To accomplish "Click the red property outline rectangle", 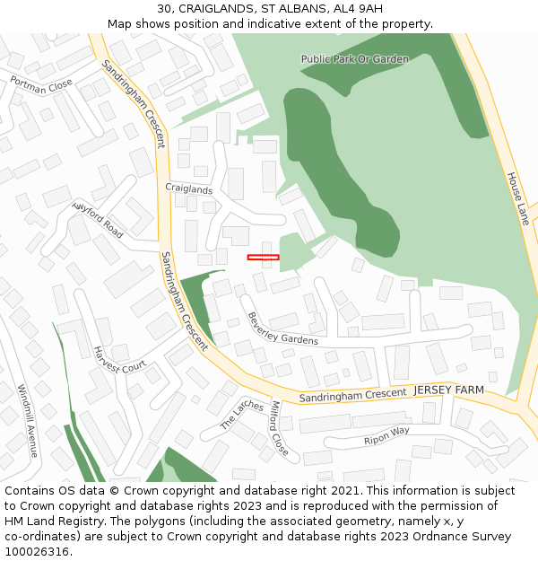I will [x=263, y=258].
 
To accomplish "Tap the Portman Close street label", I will [x=41, y=84].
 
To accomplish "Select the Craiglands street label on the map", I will [x=189, y=188].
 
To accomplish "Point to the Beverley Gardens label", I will [x=282, y=329].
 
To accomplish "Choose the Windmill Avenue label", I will [x=27, y=421].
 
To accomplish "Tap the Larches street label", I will [x=242, y=415].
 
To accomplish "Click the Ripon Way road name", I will [x=386, y=437].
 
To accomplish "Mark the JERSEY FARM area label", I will [x=448, y=390].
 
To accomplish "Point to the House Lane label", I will [x=517, y=198].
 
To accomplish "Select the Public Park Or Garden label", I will [x=354, y=59].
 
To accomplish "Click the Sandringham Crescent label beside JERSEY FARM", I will [x=352, y=394].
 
